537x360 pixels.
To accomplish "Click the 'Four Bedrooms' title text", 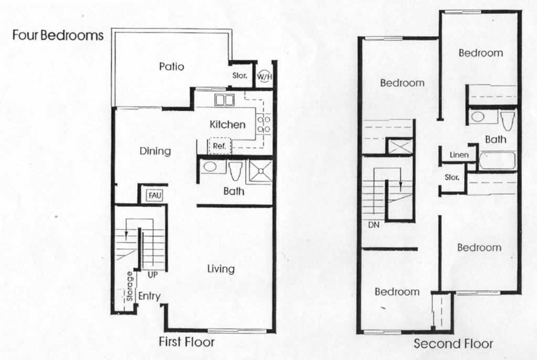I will (x=58, y=36).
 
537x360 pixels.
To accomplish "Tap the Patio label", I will (x=171, y=67).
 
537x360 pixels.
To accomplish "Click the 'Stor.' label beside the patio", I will (x=240, y=76).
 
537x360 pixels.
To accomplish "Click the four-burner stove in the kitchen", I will (x=264, y=124).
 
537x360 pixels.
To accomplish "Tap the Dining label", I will (x=155, y=151).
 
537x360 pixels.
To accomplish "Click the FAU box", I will (x=154, y=195).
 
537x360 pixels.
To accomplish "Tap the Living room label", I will (x=220, y=269).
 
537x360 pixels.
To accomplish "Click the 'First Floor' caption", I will (x=187, y=342).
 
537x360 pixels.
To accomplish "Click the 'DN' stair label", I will (x=374, y=225).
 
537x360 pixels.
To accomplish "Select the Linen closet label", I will (x=459, y=155).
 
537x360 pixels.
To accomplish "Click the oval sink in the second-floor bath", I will (x=478, y=116).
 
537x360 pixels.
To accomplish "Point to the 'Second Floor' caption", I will (x=453, y=344).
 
